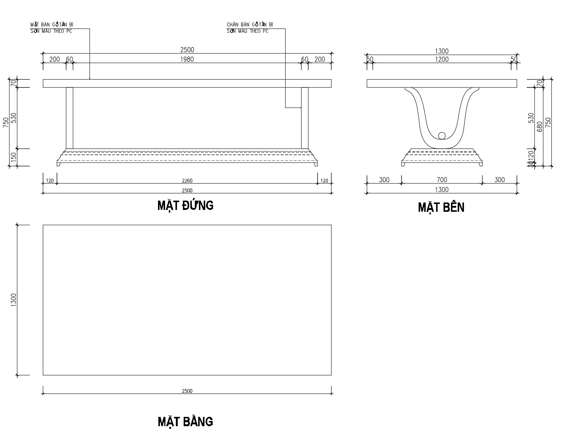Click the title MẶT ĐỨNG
tap(185, 205)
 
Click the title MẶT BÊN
tap(441, 207)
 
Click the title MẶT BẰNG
tap(185, 421)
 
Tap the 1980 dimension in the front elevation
tap(187, 59)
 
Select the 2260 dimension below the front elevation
tap(187, 181)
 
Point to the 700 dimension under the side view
tap(442, 180)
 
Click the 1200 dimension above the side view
tap(442, 59)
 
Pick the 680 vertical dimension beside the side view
tap(540, 128)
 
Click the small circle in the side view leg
tap(442, 135)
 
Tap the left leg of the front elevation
tap(70, 118)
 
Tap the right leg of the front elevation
tap(305, 118)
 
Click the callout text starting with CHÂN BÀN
tap(250, 28)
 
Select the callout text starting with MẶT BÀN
tap(52, 28)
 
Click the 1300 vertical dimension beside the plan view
tap(14, 300)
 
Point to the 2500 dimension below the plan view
tap(187, 391)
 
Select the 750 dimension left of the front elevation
tap(6, 123)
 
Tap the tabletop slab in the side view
tap(442, 83)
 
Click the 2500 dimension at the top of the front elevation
tap(187, 50)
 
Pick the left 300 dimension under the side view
tap(384, 180)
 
